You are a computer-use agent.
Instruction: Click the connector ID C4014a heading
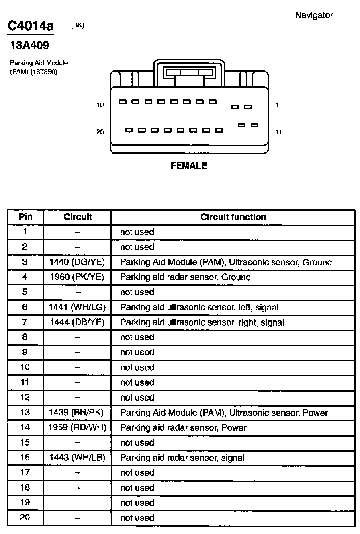[x=31, y=26]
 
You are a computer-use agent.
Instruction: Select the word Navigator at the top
[x=314, y=15]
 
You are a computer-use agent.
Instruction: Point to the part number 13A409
[x=30, y=46]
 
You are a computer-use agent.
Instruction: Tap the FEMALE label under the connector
[x=189, y=166]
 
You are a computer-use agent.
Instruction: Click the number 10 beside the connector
[x=100, y=105]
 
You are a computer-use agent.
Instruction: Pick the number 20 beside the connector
[x=100, y=132]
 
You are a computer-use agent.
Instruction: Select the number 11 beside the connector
[x=278, y=132]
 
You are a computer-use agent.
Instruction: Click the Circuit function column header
[x=233, y=217]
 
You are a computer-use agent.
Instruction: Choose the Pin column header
[x=25, y=217]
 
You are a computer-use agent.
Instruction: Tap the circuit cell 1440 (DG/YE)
[x=77, y=262]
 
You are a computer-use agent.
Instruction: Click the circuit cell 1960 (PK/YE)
[x=77, y=277]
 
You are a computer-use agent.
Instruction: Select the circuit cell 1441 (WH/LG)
[x=77, y=307]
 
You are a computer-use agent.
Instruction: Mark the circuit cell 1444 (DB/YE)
[x=77, y=322]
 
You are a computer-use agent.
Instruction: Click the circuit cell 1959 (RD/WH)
[x=77, y=427]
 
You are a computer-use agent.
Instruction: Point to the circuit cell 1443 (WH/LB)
[x=77, y=458]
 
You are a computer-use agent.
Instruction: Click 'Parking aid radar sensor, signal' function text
[x=182, y=458]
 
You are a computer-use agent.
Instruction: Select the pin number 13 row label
[x=25, y=413]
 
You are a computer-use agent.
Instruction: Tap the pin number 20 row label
[x=25, y=518]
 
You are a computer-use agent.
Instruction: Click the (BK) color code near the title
[x=78, y=25]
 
